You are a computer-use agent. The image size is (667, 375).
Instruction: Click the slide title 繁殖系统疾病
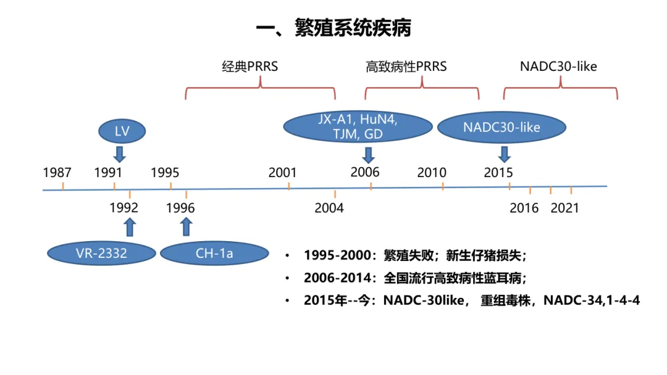[x=333, y=28]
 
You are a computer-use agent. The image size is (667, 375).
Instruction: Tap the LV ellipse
[x=122, y=130]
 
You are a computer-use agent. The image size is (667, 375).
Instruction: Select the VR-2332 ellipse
[x=101, y=253]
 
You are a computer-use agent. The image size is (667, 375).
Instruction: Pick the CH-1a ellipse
[x=214, y=253]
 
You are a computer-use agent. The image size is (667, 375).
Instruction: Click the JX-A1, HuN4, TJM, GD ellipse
[x=358, y=126]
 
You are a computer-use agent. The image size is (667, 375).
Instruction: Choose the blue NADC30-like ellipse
[x=501, y=128]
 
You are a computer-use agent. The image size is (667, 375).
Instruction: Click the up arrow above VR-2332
[x=129, y=227]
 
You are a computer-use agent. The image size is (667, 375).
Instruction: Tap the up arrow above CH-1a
[x=186, y=227]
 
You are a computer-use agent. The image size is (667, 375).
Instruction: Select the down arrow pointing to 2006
[x=369, y=154]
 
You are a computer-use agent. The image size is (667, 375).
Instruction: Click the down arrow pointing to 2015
[x=505, y=154]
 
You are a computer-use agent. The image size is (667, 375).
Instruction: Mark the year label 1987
[x=57, y=172]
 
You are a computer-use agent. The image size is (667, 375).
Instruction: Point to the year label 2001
[x=282, y=172]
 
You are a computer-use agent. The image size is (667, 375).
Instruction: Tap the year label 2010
[x=432, y=172]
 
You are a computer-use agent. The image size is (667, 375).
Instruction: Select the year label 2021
[x=564, y=208]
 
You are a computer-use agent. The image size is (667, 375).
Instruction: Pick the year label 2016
[x=524, y=208]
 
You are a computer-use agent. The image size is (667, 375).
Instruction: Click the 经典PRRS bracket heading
[x=250, y=67]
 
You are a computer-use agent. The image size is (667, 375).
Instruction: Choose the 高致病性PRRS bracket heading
[x=406, y=67]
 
